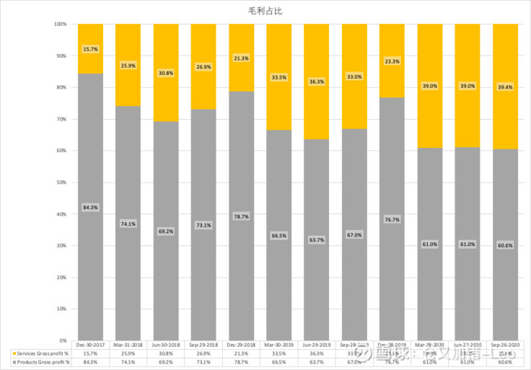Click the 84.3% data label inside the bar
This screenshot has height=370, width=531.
[91, 208]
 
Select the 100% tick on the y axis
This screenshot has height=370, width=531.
[61, 24]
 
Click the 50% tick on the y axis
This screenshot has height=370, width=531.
[63, 182]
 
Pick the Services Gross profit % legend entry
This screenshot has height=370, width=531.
[39, 353]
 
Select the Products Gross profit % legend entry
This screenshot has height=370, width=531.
[39, 362]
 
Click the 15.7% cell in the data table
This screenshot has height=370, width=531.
[91, 353]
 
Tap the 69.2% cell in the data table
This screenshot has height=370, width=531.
[167, 362]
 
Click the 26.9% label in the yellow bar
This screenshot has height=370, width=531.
[204, 67]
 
